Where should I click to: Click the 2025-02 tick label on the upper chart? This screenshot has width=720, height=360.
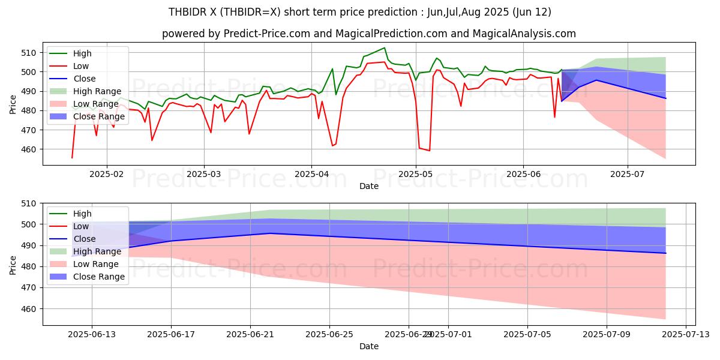point(107,173)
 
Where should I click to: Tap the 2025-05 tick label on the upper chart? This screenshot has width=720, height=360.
point(416,173)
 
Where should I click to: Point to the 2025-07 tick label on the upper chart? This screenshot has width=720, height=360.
point(628,173)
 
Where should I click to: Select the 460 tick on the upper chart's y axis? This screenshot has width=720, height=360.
point(31,149)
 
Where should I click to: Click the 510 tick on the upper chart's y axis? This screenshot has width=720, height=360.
point(31,53)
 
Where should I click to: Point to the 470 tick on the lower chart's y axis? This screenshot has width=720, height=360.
point(31,287)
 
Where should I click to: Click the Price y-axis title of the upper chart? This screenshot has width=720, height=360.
point(13,103)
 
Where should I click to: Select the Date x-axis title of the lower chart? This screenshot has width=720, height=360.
point(369,346)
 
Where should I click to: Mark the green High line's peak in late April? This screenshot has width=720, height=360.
point(385,48)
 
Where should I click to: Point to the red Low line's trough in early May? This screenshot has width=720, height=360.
point(429,151)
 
